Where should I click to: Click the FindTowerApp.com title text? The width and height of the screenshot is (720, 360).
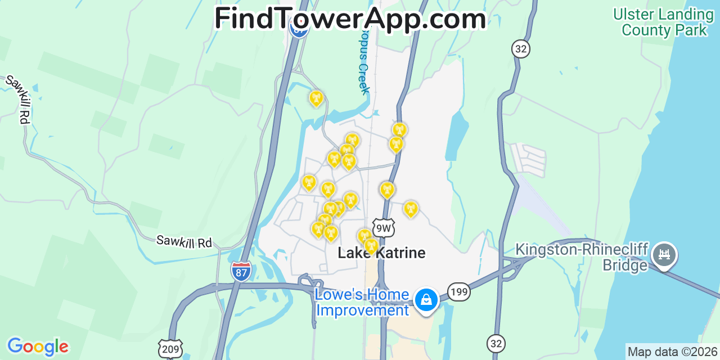pos(350,19)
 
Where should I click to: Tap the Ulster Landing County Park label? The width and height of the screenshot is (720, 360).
pos(663,22)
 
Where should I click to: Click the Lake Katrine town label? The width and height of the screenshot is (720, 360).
pos(381,253)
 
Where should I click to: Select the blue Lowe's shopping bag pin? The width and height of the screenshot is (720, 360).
pos(426,299)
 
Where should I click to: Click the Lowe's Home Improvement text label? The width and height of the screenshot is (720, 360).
pos(362,303)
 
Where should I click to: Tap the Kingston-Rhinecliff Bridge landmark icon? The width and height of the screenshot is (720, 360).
pos(664,255)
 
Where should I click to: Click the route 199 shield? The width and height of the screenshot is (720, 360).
pos(459,292)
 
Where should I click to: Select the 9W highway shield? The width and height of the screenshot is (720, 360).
pos(384,228)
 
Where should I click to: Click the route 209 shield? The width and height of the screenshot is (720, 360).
pos(169,349)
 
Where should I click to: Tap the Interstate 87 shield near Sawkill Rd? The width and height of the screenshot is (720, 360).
pos(241,271)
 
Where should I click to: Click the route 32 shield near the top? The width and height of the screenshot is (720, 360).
pos(521,49)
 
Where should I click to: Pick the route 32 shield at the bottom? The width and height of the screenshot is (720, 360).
pos(497,344)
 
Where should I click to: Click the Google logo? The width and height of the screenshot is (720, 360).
pos(38,346)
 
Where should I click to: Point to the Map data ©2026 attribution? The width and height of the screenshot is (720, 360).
pos(672,352)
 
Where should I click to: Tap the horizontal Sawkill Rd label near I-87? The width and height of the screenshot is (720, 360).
pos(184,241)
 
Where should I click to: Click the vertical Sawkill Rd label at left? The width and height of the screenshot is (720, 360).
pos(17,99)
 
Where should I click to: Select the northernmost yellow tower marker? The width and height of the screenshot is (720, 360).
pos(316,98)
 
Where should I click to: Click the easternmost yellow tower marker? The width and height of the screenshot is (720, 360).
pos(411,209)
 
